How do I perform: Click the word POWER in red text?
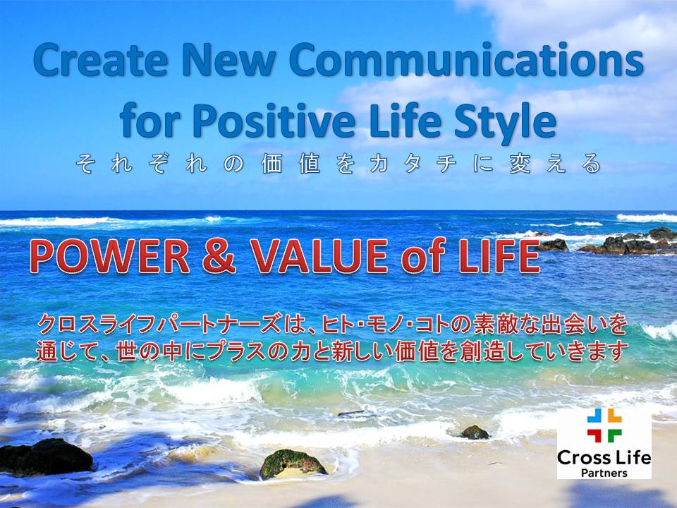pos(110,257)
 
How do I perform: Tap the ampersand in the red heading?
pos(219,257)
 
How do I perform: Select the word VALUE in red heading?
pos(319,257)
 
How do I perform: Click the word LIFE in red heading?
pos(499,257)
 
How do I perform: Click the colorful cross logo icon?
pos(604,425)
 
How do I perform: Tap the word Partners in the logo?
pos(604,473)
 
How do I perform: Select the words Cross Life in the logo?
pos(604,457)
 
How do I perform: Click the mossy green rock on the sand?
pos(293,463)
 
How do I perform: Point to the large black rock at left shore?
pos(46,457)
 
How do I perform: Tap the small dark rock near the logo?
pos(475,432)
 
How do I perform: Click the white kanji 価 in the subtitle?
pos(272,164)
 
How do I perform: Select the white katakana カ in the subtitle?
pos(379,164)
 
